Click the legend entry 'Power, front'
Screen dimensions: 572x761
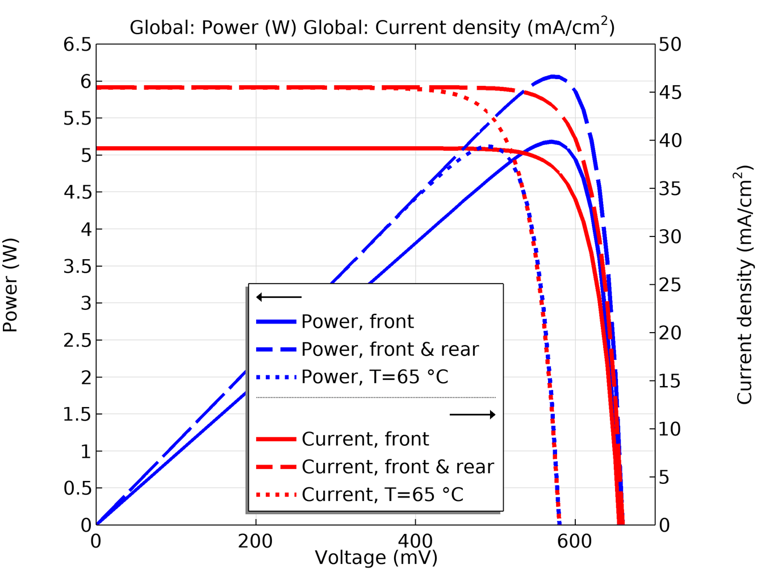coord(357,322)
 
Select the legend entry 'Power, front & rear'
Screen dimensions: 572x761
coord(390,349)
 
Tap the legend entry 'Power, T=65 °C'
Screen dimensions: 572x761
coord(375,377)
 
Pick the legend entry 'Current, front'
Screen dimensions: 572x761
coord(365,439)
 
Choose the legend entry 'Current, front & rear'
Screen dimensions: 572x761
coord(398,467)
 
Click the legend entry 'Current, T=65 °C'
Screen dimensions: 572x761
coord(382,495)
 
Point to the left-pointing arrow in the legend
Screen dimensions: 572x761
coord(279,297)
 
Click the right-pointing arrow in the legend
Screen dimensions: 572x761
coord(473,415)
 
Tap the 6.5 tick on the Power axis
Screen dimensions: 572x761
coord(77,44)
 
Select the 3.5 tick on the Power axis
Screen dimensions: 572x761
coord(77,266)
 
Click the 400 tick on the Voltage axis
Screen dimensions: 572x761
coord(415,541)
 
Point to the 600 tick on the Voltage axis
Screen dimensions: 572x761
coord(575,541)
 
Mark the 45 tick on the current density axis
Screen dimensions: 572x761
coord(671,92)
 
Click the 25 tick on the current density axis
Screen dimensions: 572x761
coord(671,284)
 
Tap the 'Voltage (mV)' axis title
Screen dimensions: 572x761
coord(376,558)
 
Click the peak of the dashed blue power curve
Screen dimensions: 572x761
coord(554,76)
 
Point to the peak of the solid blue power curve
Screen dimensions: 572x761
coord(551,142)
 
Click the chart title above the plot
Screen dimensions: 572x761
coord(372,27)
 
